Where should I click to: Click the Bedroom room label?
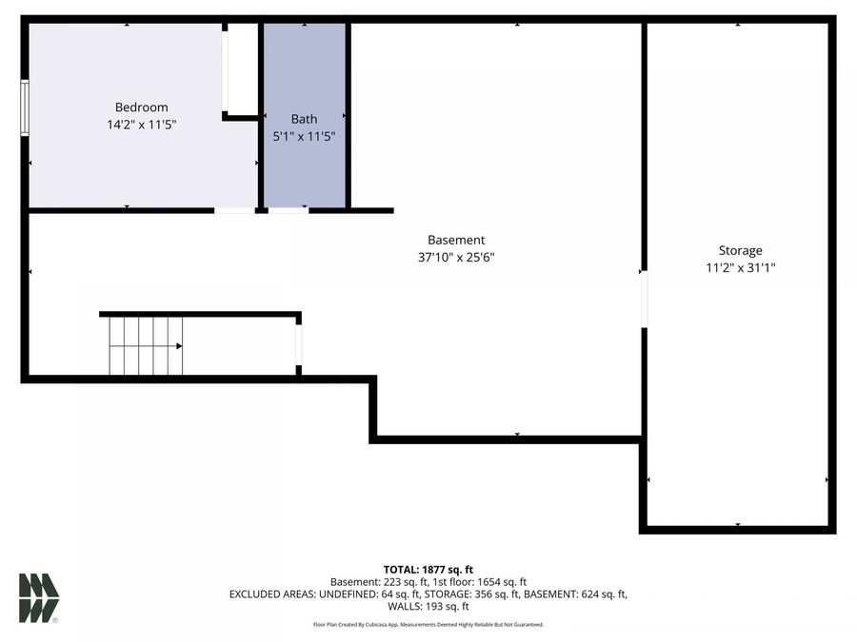(141, 107)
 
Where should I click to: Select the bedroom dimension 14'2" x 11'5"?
(141, 125)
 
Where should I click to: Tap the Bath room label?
(304, 119)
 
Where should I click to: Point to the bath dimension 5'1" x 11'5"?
(304, 136)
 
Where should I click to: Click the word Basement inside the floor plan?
(456, 241)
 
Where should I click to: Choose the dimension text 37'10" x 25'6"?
(456, 258)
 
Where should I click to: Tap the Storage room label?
(740, 251)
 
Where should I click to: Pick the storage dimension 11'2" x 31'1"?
(740, 268)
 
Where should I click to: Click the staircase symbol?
(146, 346)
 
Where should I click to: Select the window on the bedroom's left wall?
(25, 107)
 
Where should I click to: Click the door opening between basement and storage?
(645, 300)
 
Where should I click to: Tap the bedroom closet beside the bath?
(242, 68)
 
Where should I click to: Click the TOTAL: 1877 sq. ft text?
(428, 569)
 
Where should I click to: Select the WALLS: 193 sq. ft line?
(428, 606)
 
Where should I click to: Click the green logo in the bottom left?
(39, 598)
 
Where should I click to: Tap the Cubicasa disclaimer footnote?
(428, 625)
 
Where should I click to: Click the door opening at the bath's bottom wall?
(289, 209)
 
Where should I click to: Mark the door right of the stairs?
(299, 345)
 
